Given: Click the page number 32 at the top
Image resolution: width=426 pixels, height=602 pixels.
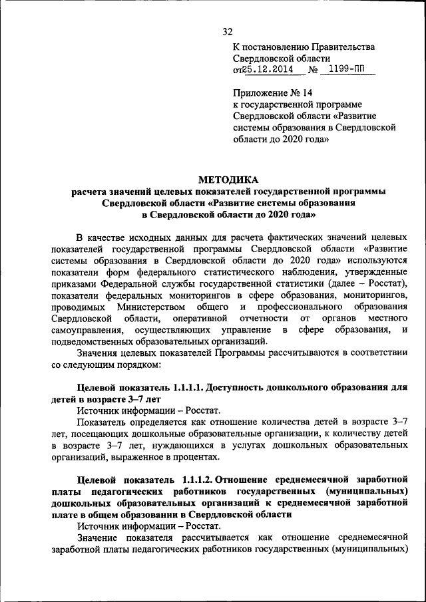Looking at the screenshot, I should (x=228, y=32).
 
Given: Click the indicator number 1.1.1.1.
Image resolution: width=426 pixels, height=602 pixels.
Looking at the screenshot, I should (x=186, y=388).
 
